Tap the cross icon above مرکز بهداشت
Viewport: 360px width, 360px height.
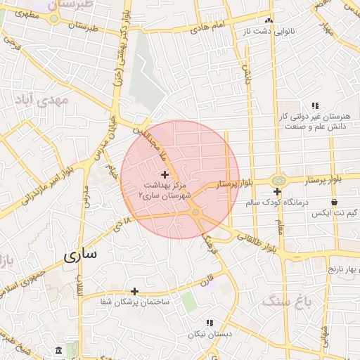coord(165,174)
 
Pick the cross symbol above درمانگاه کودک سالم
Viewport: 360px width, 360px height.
coord(278,191)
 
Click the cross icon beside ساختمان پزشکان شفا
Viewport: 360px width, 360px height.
coord(134,290)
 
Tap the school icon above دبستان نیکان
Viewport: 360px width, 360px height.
coord(207,323)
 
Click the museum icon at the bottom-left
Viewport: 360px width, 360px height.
coord(57,350)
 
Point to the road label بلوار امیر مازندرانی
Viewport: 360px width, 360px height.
coord(39,189)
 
